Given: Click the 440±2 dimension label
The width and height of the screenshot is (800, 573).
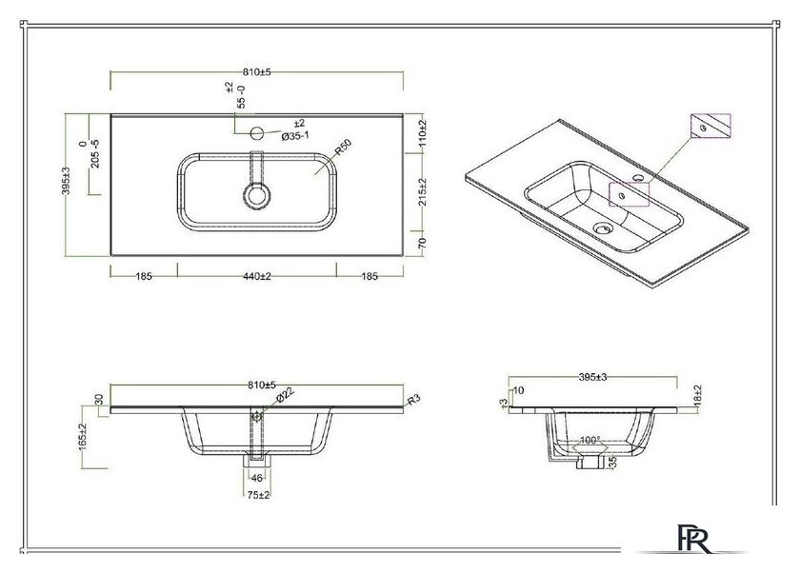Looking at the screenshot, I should [257, 276].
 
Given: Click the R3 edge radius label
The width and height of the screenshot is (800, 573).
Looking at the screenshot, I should [412, 401].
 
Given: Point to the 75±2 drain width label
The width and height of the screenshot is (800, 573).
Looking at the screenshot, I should [257, 495].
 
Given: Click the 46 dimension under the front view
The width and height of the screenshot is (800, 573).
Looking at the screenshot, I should [257, 477].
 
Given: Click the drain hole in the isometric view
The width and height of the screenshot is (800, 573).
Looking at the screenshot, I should [600, 228].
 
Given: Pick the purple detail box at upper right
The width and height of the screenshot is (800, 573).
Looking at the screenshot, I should [710, 126].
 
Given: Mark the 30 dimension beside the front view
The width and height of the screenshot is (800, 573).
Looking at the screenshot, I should [97, 399].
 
